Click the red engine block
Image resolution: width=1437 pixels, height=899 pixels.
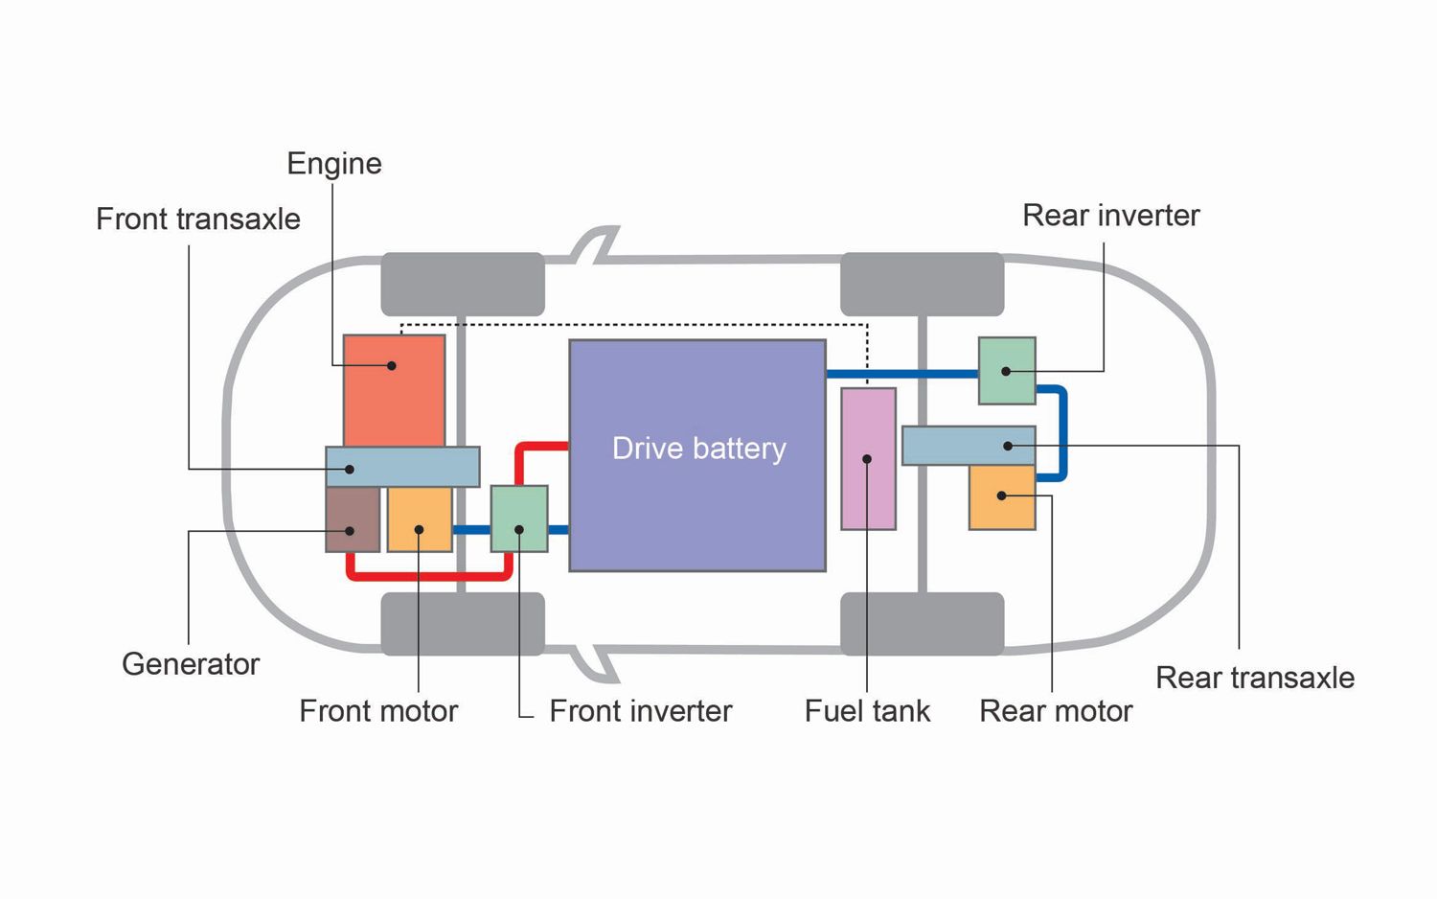(x=394, y=389)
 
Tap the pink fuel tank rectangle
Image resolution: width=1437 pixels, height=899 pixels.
(x=868, y=458)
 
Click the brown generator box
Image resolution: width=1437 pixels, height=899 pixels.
(x=353, y=519)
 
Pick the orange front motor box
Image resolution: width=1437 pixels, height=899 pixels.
(x=420, y=519)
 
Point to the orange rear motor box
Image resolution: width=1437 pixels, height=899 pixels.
(x=1002, y=496)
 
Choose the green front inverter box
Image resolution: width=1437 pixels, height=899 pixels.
(x=519, y=519)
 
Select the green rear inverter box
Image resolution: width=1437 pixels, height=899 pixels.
(x=1007, y=370)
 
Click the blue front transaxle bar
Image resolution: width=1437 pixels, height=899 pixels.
(x=402, y=467)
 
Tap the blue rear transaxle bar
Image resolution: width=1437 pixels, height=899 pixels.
(x=969, y=446)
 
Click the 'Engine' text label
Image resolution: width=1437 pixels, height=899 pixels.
(x=334, y=164)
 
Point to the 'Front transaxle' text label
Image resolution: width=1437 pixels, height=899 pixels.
(x=198, y=219)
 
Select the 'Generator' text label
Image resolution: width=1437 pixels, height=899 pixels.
(x=191, y=664)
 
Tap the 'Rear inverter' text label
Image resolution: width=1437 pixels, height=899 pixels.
(x=1110, y=216)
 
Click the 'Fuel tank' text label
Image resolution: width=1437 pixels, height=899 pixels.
(x=867, y=711)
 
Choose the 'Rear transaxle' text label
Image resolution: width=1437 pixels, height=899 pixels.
(x=1254, y=679)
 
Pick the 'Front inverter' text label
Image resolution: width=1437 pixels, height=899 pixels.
(x=640, y=711)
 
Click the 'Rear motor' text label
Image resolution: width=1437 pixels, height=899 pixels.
(x=1056, y=711)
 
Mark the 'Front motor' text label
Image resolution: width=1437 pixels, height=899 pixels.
(x=378, y=711)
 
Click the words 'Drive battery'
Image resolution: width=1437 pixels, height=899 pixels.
(x=698, y=449)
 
